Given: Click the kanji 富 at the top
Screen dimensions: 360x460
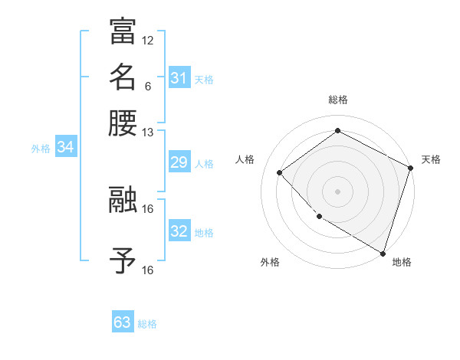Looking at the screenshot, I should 123,32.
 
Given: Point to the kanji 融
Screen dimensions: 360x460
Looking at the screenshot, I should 123,201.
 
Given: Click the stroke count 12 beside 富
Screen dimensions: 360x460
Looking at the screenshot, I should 148,40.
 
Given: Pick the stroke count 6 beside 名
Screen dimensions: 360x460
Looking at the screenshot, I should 148,87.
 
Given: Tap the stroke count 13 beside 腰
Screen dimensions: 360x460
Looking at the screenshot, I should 148,132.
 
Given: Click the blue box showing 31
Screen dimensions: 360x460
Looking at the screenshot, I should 179,78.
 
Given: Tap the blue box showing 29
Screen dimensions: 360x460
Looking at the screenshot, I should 179,162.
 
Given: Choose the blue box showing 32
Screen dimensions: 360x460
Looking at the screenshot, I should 179,231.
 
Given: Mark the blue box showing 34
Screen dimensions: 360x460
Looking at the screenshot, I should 65,148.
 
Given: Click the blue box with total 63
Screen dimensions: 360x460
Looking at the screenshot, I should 123,322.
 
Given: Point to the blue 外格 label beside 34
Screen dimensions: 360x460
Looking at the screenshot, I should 41,149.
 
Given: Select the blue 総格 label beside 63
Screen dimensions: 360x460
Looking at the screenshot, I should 147,324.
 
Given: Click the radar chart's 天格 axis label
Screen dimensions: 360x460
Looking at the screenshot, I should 431,159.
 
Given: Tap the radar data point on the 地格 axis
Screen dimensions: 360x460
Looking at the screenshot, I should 383,253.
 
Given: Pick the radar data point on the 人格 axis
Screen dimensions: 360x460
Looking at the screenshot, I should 280,172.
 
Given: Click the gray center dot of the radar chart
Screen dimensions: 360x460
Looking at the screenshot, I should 337,191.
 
